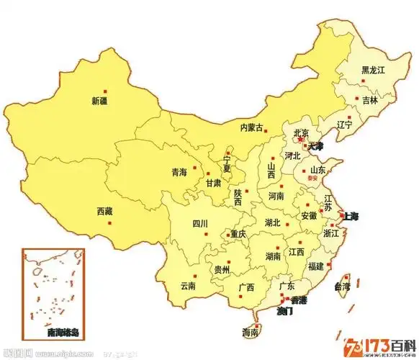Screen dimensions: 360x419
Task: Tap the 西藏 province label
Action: [105, 212]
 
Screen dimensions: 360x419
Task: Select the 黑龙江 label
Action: [374, 70]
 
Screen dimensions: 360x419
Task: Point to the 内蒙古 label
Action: [252, 127]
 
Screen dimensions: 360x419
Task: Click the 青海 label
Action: [179, 173]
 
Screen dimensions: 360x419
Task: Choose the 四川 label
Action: [199, 224]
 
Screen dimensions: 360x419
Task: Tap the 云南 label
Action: [188, 286]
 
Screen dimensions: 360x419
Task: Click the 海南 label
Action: [251, 333]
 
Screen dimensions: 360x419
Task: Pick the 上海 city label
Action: [351, 216]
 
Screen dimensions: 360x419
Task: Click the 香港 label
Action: [297, 300]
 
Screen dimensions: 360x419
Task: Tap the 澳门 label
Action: [287, 311]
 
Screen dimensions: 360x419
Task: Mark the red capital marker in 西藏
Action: [109, 222]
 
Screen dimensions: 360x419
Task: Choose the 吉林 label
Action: [370, 100]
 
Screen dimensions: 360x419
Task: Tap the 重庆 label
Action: [238, 235]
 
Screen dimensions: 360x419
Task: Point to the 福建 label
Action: [315, 266]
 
